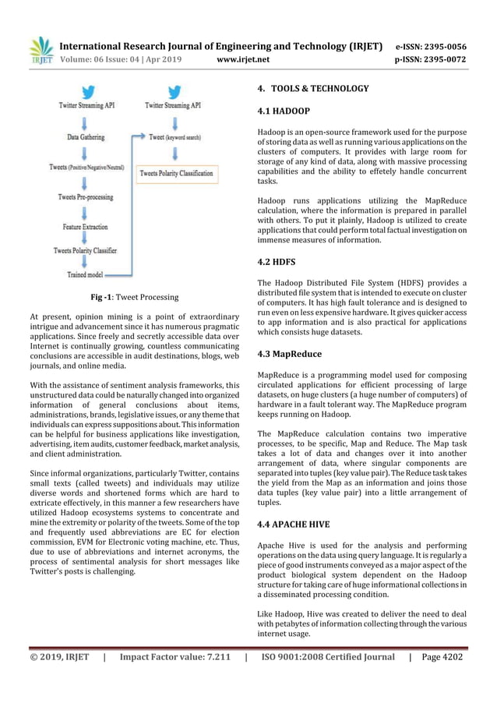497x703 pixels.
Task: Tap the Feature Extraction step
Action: tap(85, 227)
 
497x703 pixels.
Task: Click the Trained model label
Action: tap(85, 274)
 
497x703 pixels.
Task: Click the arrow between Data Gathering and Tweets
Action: tap(84, 152)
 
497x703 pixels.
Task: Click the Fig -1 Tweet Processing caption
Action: tap(134, 297)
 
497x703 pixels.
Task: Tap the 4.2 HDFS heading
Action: tap(277, 263)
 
